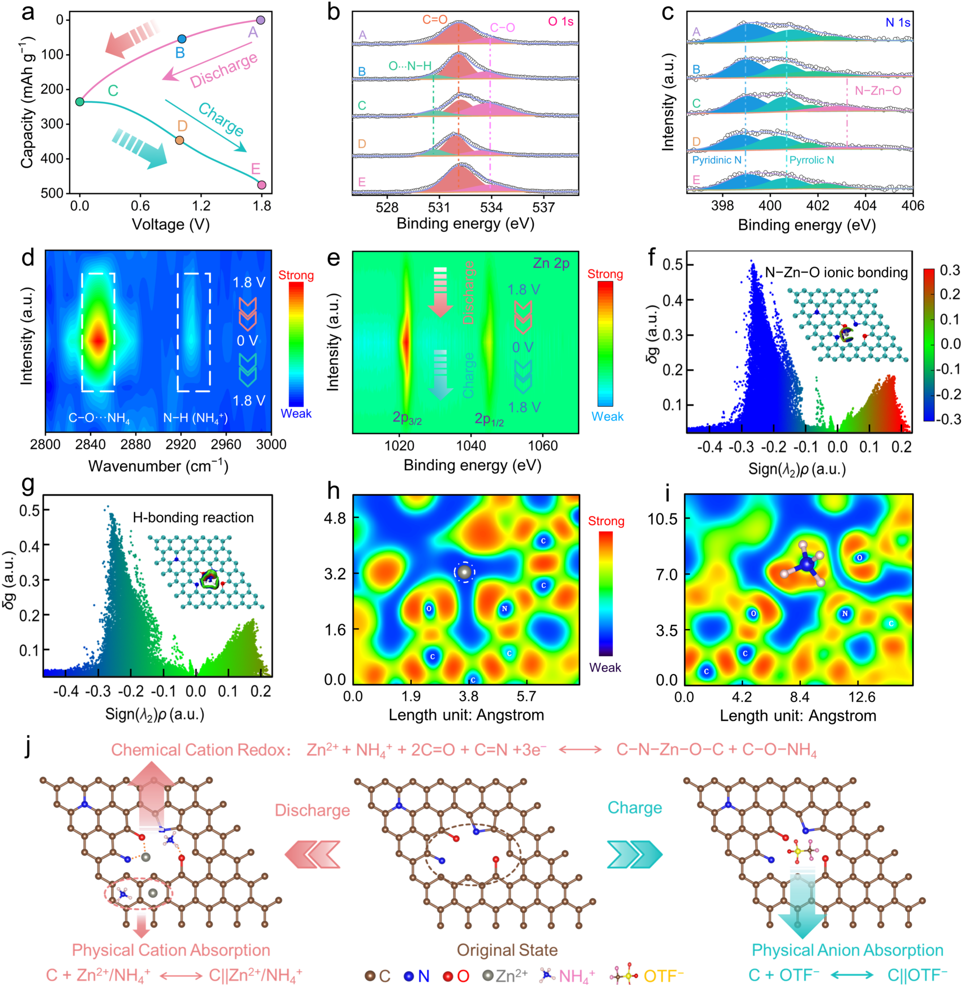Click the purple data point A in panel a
(x=261, y=20)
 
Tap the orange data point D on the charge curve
(x=180, y=140)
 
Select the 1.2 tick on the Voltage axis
(x=201, y=206)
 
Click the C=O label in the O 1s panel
(x=435, y=19)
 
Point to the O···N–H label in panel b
(x=410, y=66)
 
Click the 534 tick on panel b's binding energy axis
(x=491, y=208)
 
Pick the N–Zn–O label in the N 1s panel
(x=878, y=91)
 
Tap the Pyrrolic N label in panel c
(x=812, y=160)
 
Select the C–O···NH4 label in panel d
(x=100, y=418)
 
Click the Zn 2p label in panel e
(x=551, y=263)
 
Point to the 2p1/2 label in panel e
(x=489, y=419)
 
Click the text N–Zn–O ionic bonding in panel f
(x=836, y=273)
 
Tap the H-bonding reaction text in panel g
(x=193, y=518)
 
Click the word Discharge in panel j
(x=313, y=811)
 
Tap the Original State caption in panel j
(x=508, y=950)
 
